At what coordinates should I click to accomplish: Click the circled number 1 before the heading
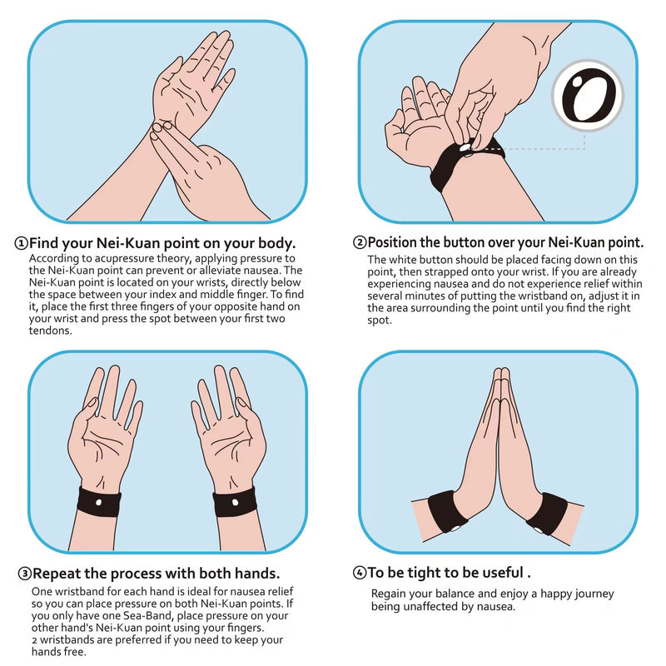click(21, 244)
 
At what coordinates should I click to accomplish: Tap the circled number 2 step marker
click(360, 243)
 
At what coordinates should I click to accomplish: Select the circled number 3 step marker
click(25, 574)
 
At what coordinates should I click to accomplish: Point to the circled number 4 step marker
click(360, 573)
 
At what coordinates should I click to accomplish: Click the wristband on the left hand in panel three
click(99, 502)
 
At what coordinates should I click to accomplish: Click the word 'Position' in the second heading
click(395, 243)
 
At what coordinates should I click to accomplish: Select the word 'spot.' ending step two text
click(380, 320)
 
